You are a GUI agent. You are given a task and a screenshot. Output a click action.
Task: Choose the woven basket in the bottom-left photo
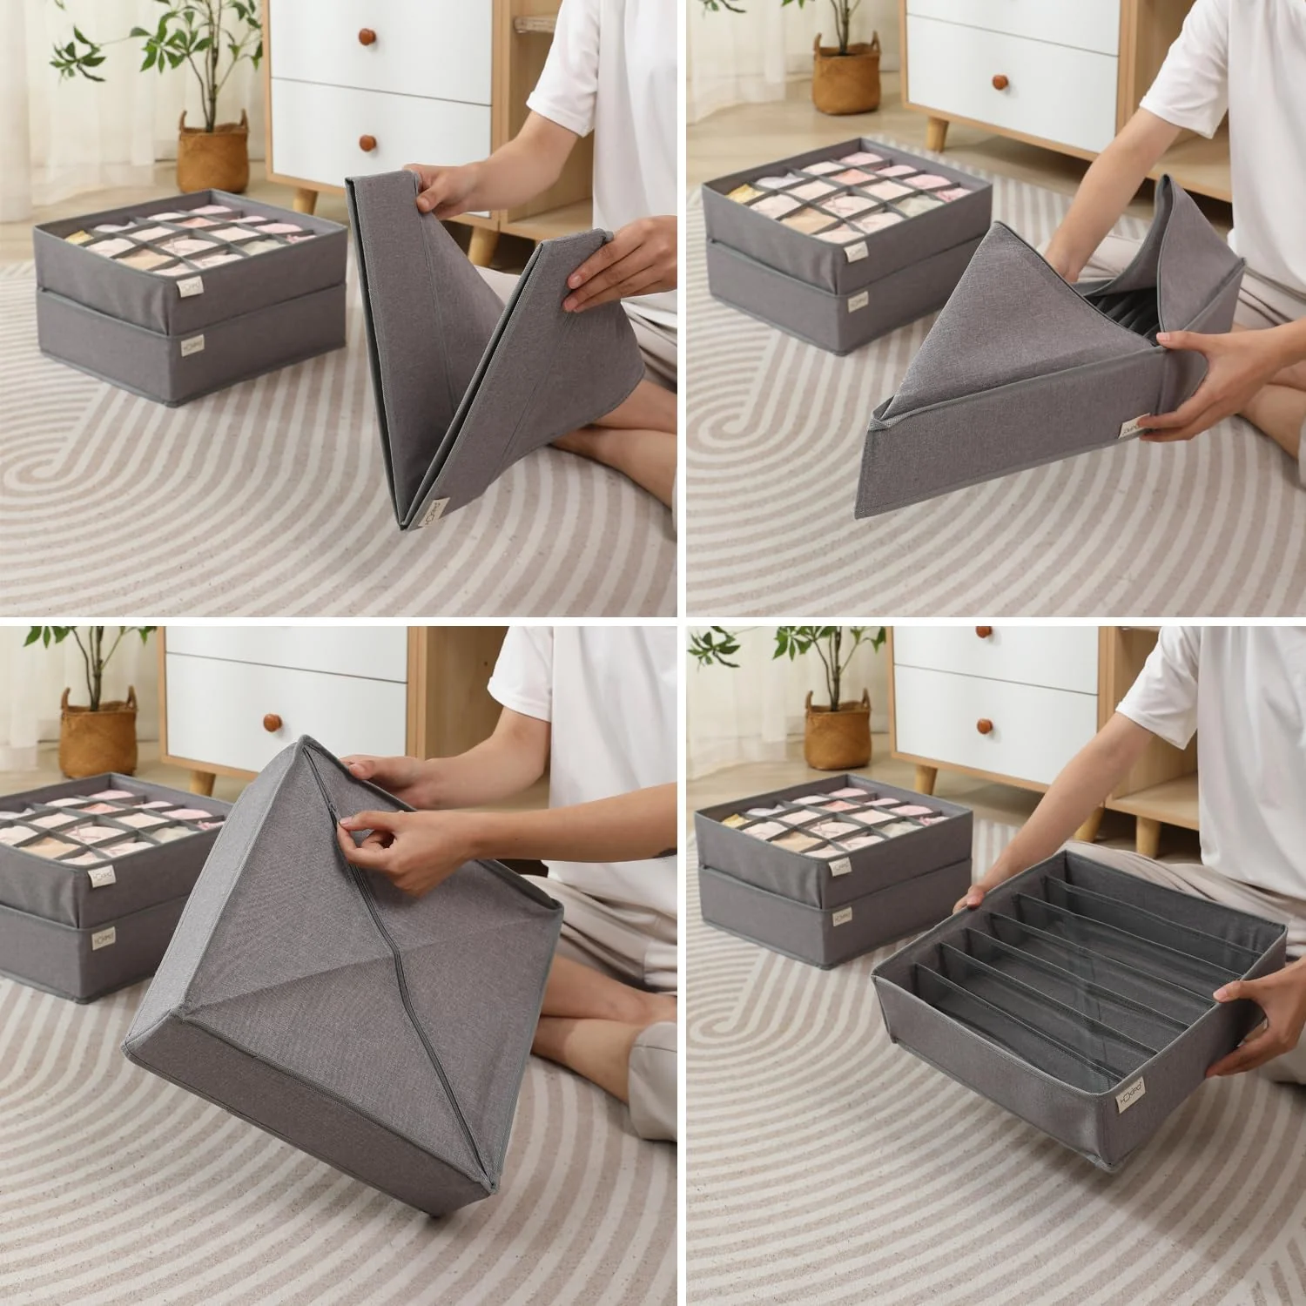click(x=98, y=730)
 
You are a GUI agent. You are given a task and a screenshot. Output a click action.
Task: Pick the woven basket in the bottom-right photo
click(x=838, y=734)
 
